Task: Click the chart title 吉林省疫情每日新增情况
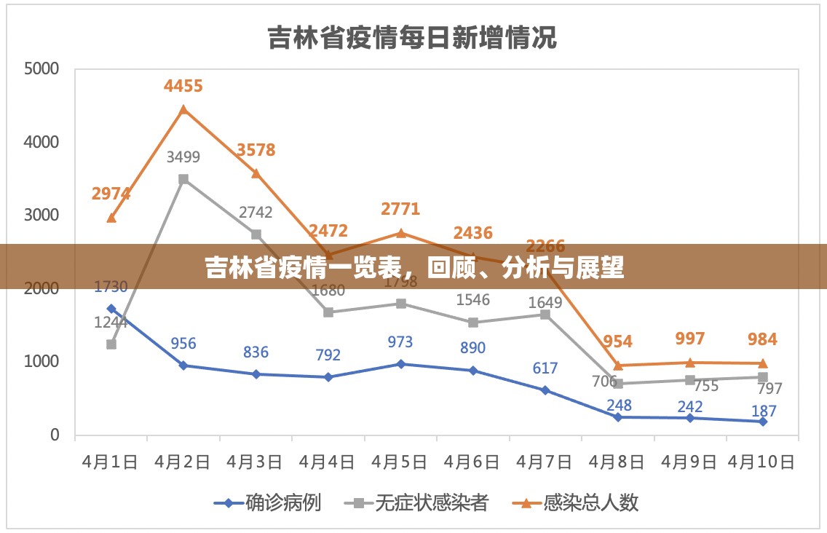point(412,38)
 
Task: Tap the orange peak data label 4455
point(183,86)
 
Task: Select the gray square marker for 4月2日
point(183,179)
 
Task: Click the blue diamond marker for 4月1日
point(111,309)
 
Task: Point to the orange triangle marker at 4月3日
point(256,173)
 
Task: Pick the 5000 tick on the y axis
point(41,69)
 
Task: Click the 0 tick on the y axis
point(54,435)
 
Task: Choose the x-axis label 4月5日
point(400,462)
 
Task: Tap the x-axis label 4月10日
point(761,462)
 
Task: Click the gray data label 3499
point(183,157)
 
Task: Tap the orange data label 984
point(762,339)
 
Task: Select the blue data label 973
point(400,342)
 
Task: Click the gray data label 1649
point(545,302)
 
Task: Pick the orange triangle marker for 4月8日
point(617,366)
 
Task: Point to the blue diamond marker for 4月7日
point(545,390)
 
